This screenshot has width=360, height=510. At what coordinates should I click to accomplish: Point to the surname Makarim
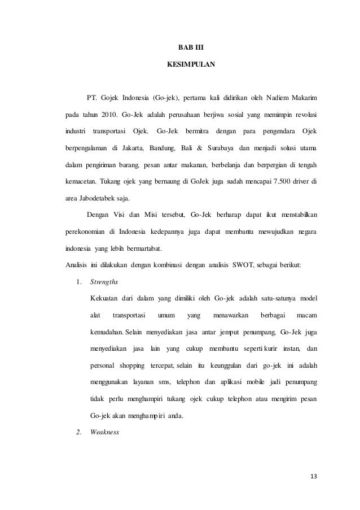tap(304, 92)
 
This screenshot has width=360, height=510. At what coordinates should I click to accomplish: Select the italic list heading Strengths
tap(104, 282)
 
